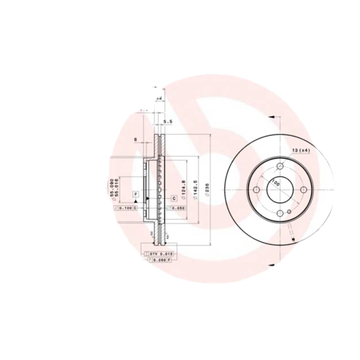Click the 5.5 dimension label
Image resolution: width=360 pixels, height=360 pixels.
168,122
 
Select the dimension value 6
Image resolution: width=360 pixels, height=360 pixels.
135,139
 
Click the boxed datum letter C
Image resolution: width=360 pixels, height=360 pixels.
174,198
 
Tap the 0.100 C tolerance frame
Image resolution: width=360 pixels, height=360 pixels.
127,208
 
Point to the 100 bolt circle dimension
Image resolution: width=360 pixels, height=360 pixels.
275,184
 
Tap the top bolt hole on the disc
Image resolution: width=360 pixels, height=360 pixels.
280,166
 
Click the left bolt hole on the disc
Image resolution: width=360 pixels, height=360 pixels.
256,189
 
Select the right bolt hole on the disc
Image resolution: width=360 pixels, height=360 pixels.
304,189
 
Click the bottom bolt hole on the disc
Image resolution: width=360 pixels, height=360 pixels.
280,213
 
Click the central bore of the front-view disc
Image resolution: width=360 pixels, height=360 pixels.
280,189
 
